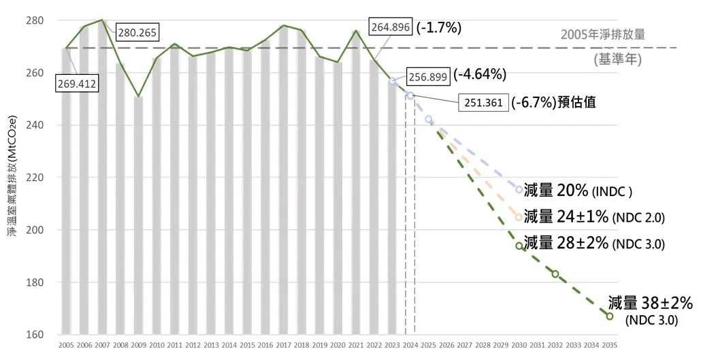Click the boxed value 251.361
click(483, 103)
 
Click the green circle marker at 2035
click(610, 316)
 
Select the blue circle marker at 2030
click(519, 190)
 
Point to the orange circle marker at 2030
click(519, 217)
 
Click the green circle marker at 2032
click(555, 274)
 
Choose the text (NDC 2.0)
click(638, 218)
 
